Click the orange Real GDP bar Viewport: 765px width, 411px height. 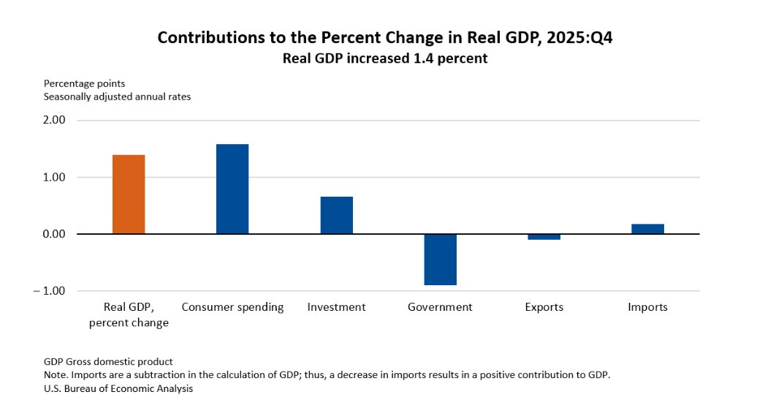click(x=129, y=195)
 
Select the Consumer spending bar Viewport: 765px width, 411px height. click(x=232, y=189)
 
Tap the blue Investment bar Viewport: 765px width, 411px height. click(x=336, y=215)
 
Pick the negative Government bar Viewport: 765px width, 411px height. click(x=440, y=260)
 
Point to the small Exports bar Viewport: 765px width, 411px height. click(x=544, y=237)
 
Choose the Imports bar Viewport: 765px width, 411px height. click(x=647, y=229)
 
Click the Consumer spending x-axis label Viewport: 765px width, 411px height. click(x=232, y=307)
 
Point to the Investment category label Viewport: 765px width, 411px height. click(x=336, y=307)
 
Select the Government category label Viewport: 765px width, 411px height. click(x=440, y=307)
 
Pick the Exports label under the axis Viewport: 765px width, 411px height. click(x=544, y=307)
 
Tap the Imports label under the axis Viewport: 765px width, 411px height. click(x=647, y=307)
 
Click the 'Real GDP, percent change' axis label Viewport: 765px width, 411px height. click(x=129, y=314)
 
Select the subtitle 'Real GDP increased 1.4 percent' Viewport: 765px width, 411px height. click(x=385, y=59)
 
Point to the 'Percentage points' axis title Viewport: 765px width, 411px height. click(x=84, y=84)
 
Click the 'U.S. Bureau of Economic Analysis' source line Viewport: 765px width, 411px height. click(x=118, y=389)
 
